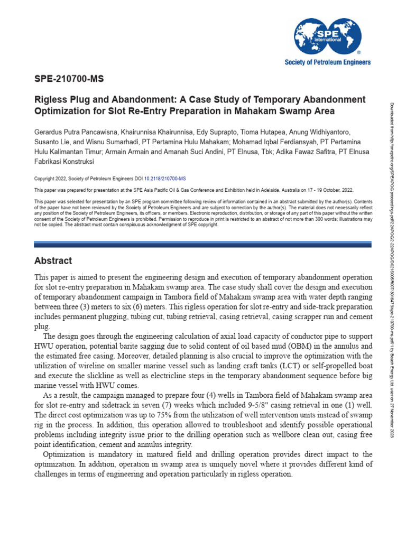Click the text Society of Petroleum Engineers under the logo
[328, 62]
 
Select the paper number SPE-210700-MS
[69, 80]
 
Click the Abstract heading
[53, 261]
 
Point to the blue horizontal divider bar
[202, 244]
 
